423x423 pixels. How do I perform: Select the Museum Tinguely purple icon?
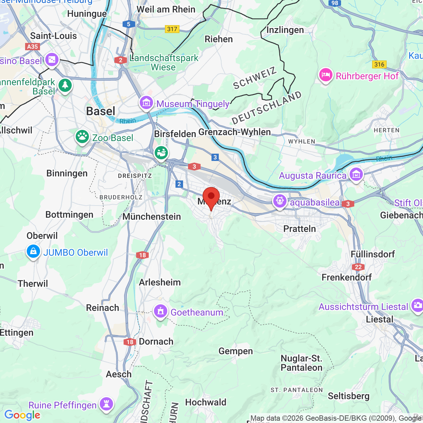click(x=146, y=103)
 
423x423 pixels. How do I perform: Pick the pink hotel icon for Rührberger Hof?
click(x=326, y=75)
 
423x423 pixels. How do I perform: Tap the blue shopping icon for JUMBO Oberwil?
click(x=33, y=252)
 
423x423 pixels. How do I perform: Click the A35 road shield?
click(x=32, y=47)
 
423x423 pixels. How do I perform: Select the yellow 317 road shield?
click(x=172, y=29)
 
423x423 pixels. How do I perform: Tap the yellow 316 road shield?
click(x=379, y=64)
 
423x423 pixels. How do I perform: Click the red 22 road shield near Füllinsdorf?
click(x=358, y=267)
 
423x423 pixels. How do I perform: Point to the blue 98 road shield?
click(x=335, y=3)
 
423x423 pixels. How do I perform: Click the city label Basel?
click(x=101, y=111)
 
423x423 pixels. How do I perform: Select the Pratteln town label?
click(x=300, y=229)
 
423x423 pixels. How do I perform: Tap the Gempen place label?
click(x=236, y=351)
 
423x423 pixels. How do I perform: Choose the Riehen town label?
click(x=219, y=39)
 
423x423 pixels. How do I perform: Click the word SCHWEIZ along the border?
click(x=254, y=78)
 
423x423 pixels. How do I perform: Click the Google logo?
click(x=22, y=415)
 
